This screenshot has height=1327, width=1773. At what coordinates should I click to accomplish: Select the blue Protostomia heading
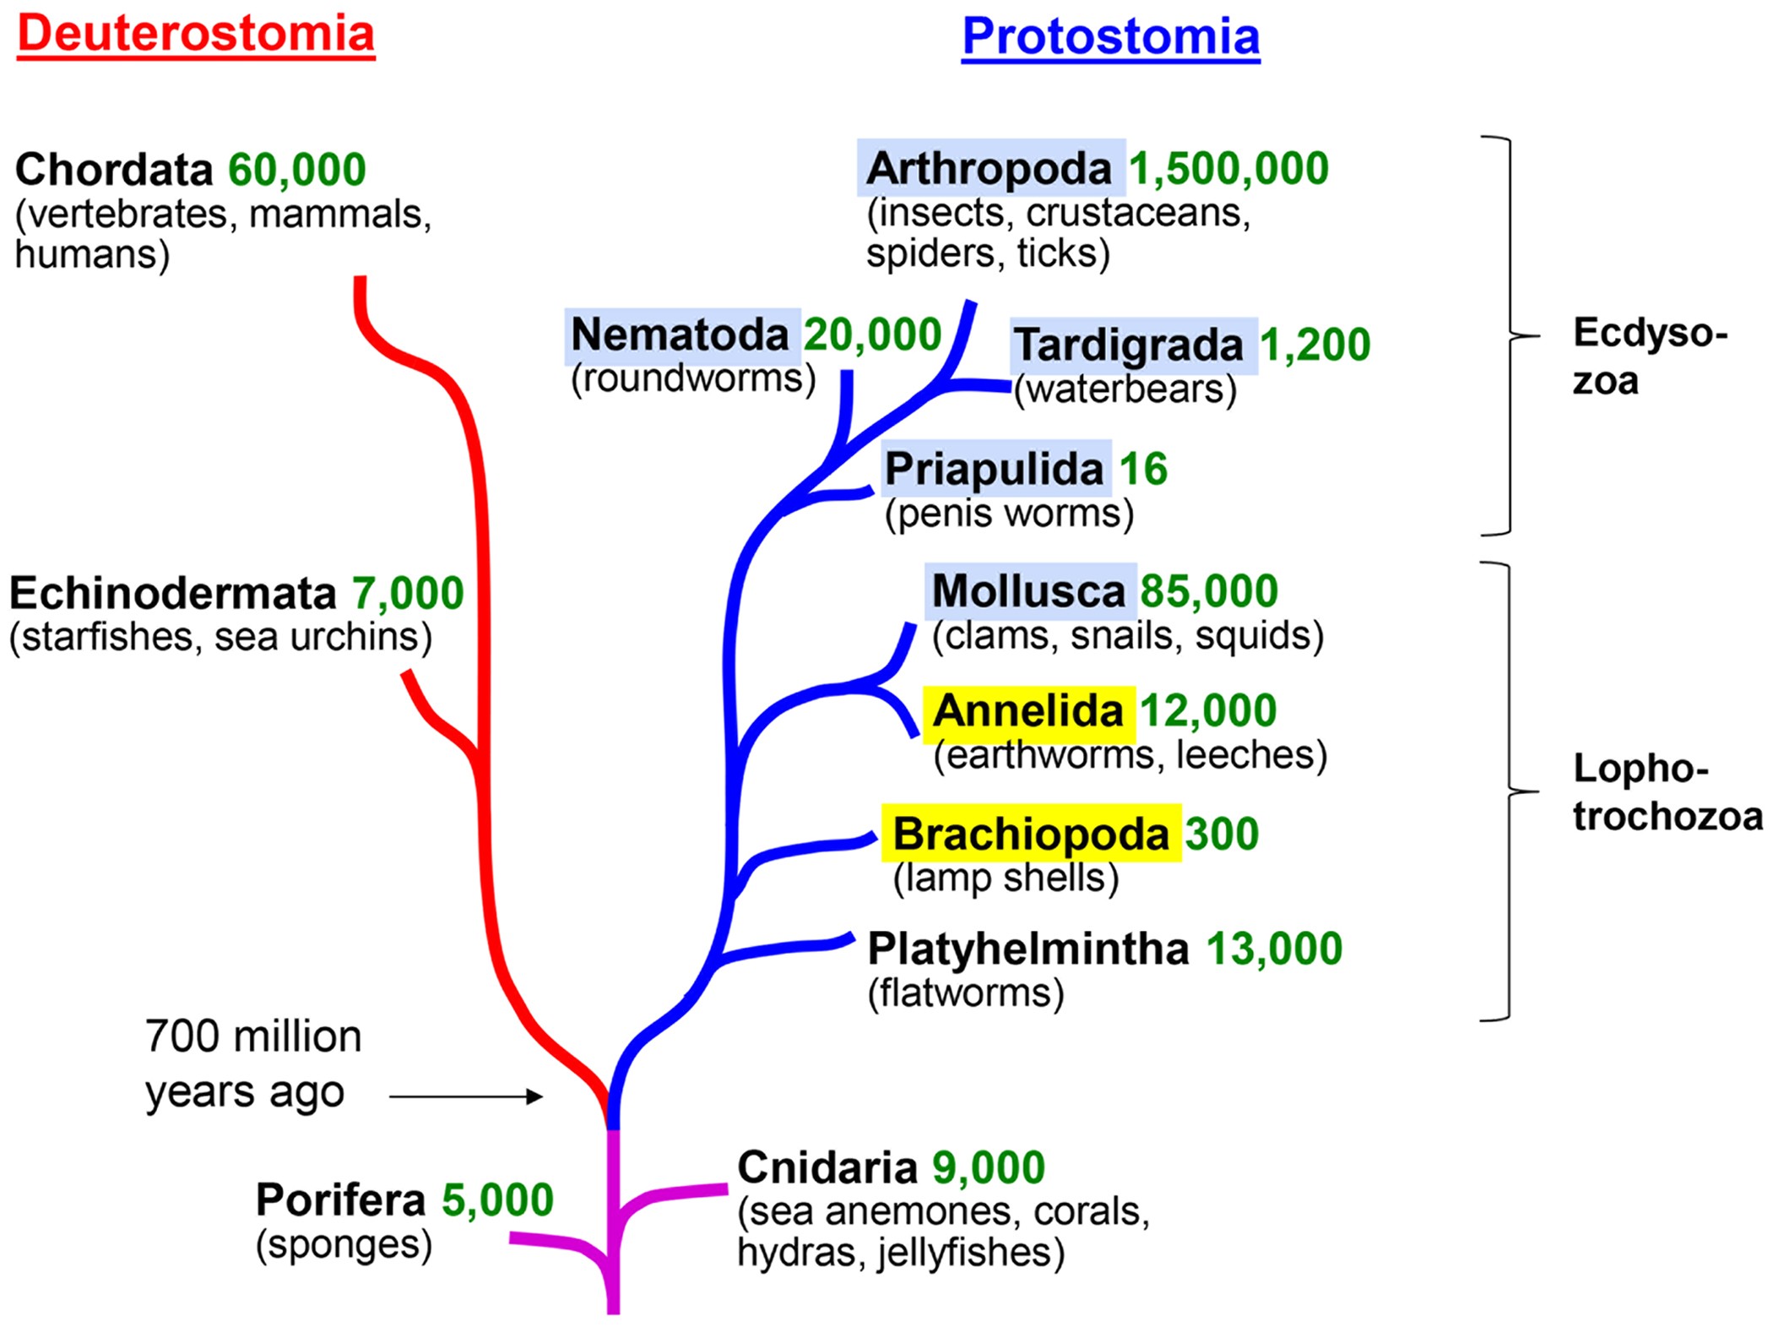click(x=1111, y=37)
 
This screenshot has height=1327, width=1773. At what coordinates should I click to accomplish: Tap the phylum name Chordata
click(x=114, y=170)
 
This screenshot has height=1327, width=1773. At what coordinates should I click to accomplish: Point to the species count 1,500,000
click(x=1228, y=169)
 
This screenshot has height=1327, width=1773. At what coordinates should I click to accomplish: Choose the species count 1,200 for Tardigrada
click(x=1315, y=345)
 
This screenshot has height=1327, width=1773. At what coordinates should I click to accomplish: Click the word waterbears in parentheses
click(x=1125, y=389)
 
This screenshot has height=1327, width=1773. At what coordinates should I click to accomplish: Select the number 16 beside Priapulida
click(x=1143, y=469)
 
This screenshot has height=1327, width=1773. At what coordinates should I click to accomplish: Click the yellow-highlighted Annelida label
click(x=1029, y=711)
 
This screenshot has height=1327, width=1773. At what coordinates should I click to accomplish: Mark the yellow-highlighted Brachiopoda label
click(x=1032, y=834)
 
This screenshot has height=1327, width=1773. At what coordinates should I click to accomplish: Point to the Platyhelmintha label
click(x=1028, y=949)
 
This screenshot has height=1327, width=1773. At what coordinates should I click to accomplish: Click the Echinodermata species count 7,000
click(x=408, y=593)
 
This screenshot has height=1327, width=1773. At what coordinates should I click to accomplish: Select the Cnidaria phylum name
click(x=827, y=1168)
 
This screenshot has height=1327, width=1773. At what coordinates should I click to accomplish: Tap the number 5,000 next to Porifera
click(x=497, y=1199)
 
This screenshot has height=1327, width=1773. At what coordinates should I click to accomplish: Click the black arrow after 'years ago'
click(x=466, y=1096)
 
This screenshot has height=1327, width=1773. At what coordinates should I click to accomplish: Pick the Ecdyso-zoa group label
click(x=1650, y=356)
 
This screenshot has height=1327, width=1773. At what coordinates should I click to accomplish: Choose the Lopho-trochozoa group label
click(x=1667, y=792)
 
